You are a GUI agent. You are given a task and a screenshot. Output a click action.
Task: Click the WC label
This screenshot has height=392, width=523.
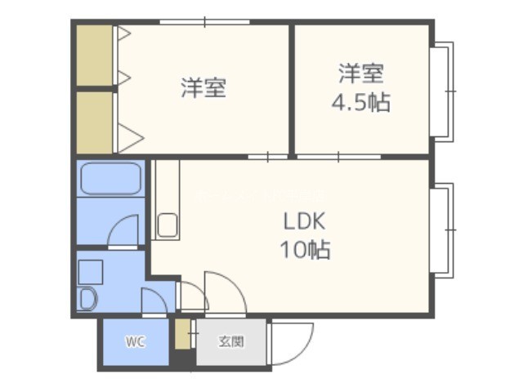tap(136, 341)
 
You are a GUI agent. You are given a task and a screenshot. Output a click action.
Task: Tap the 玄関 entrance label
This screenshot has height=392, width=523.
tap(231, 341)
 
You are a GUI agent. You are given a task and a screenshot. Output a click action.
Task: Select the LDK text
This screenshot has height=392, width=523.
tap(304, 221)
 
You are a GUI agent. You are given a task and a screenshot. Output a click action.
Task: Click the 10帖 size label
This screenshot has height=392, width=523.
tap(305, 249)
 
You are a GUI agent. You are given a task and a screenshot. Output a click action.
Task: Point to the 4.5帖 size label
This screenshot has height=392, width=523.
tap(360, 101)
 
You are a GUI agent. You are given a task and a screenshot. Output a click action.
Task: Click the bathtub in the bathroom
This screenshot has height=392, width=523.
tap(111, 178)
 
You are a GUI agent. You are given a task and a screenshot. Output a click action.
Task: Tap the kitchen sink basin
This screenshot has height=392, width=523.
tap(168, 225)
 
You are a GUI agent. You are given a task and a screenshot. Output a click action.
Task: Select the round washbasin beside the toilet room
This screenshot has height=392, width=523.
tap(87, 298)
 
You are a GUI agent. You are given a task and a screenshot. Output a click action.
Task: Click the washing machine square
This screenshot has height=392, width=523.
tap(90, 272)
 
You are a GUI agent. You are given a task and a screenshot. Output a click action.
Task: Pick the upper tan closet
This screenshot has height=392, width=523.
tap(95, 56)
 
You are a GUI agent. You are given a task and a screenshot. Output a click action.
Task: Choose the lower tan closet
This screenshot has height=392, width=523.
tap(95, 122)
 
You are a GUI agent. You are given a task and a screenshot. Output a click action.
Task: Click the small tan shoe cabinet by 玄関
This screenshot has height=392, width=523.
tap(182, 334)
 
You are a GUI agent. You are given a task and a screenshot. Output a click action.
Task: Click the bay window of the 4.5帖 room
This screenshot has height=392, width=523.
tap(442, 91)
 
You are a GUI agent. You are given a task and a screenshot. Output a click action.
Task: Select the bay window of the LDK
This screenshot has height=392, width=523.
tap(442, 230)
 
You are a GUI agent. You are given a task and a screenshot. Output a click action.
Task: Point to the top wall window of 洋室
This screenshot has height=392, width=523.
tap(204, 22)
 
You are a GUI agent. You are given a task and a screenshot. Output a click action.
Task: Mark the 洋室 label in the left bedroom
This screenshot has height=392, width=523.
tap(203, 87)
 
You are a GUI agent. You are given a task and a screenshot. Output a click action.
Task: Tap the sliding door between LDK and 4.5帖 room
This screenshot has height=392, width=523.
tap(339, 156)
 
